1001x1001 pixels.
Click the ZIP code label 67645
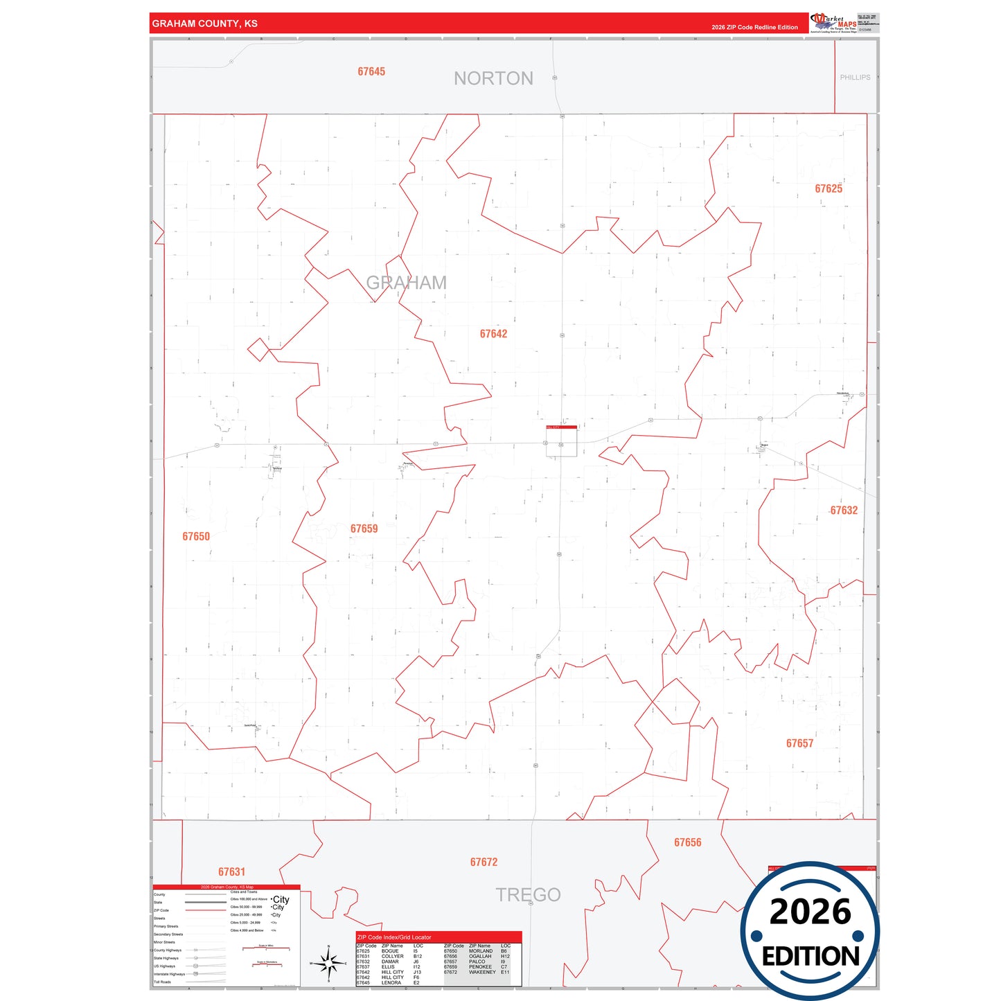(x=371, y=71)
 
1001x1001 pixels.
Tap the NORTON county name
(x=493, y=78)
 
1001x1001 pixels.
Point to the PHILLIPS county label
(x=855, y=78)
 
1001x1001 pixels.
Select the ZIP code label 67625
(x=829, y=188)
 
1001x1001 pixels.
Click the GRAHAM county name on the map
(x=406, y=283)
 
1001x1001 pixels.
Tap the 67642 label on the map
(x=493, y=334)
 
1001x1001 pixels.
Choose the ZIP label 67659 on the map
(x=364, y=529)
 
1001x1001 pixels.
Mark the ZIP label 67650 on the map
(x=196, y=536)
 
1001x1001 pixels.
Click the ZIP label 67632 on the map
(x=844, y=511)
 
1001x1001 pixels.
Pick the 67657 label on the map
(x=799, y=743)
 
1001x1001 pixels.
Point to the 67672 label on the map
(x=484, y=862)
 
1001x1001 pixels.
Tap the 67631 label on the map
(x=231, y=871)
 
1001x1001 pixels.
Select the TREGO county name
(x=528, y=894)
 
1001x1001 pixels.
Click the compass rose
(x=330, y=963)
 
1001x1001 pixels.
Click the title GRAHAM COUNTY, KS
(x=204, y=24)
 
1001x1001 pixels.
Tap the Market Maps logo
(x=834, y=22)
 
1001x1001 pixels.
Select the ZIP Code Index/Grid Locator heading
(x=393, y=937)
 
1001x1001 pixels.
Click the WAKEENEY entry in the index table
(x=482, y=972)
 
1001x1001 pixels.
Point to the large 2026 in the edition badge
(x=810, y=912)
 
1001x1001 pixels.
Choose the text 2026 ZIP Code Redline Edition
(x=754, y=27)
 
